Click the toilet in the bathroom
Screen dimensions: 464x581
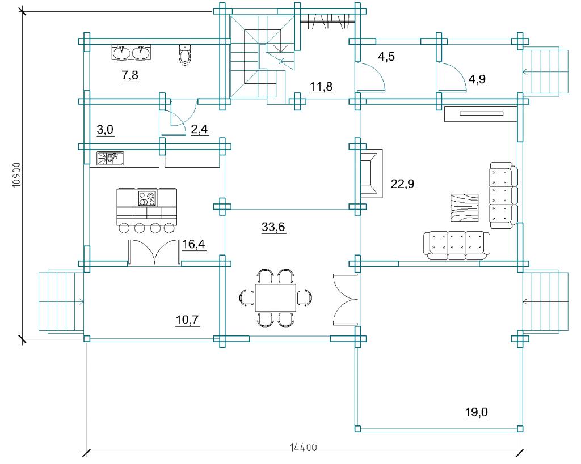click(x=185, y=54)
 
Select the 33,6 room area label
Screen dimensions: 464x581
click(x=273, y=227)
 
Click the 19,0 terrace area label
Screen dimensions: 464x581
click(x=477, y=412)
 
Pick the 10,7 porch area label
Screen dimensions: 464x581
click(x=187, y=321)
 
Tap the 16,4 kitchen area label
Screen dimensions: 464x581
click(x=193, y=244)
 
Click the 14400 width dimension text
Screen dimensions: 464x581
click(x=304, y=448)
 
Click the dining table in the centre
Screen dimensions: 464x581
click(x=276, y=297)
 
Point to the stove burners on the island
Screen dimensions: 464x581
click(x=147, y=198)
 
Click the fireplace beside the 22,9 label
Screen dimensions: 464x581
click(x=371, y=173)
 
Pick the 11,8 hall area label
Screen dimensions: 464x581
click(x=321, y=86)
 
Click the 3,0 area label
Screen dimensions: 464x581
click(x=105, y=130)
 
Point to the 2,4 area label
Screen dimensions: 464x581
click(x=199, y=130)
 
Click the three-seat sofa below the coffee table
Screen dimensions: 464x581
click(x=457, y=245)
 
